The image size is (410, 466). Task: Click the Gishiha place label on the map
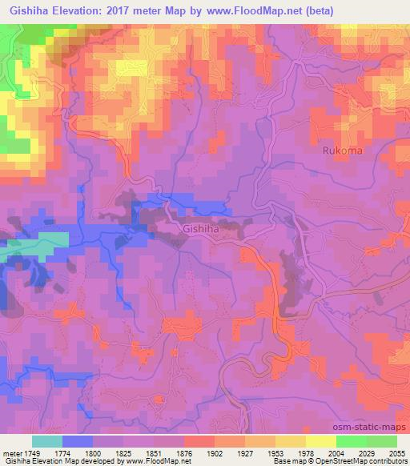pos(201,228)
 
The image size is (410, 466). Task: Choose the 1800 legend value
pos(93,452)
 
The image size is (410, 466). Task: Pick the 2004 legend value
pos(336,452)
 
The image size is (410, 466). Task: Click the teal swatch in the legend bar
pos(46,441)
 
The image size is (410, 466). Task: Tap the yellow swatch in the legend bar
pos(320,441)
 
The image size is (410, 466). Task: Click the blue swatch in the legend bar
pos(77,441)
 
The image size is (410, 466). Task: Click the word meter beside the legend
pos(10,452)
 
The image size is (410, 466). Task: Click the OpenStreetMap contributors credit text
pos(364,461)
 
